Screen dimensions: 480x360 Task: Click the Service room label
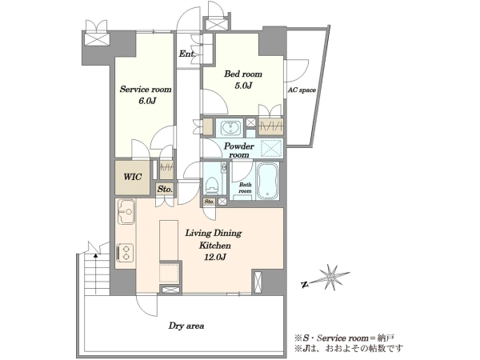[x=146, y=90]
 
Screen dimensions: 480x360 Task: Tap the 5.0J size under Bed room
[x=243, y=86]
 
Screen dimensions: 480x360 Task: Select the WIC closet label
[x=133, y=177]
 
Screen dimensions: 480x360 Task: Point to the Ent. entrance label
[x=187, y=54]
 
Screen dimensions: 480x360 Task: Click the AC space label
[x=302, y=90]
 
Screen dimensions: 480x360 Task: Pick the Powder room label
[x=238, y=150]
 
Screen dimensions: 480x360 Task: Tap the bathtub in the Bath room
[x=267, y=181]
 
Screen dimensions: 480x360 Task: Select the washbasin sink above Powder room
[x=230, y=128]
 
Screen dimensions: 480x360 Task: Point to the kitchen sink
[x=126, y=211]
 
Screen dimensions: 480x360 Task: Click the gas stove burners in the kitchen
[x=126, y=253]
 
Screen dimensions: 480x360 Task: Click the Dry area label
[x=186, y=326]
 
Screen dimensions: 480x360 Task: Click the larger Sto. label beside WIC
[x=165, y=189]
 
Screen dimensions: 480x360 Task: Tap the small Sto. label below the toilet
[x=209, y=202]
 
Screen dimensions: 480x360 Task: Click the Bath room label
[x=245, y=188]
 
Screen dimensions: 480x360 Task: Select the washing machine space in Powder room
[x=271, y=149]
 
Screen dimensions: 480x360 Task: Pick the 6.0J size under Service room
[x=147, y=101]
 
